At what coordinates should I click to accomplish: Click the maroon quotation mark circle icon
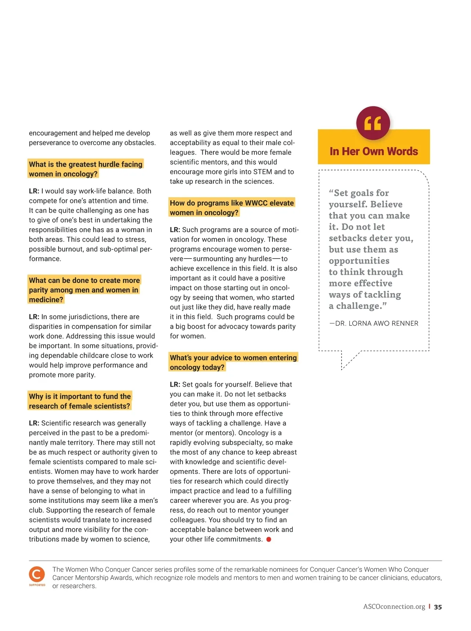[373, 123]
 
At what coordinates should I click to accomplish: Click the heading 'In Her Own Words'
[374, 151]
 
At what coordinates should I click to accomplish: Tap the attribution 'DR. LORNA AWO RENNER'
[376, 323]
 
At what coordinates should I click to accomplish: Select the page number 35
[438, 607]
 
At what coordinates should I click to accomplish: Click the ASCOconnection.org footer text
[394, 607]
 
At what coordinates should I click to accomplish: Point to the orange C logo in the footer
[37, 574]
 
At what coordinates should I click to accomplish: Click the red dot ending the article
[269, 539]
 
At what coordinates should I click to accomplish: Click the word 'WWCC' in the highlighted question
[256, 203]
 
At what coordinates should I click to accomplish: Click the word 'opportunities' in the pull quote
[359, 261]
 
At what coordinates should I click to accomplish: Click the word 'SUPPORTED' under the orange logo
[37, 585]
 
